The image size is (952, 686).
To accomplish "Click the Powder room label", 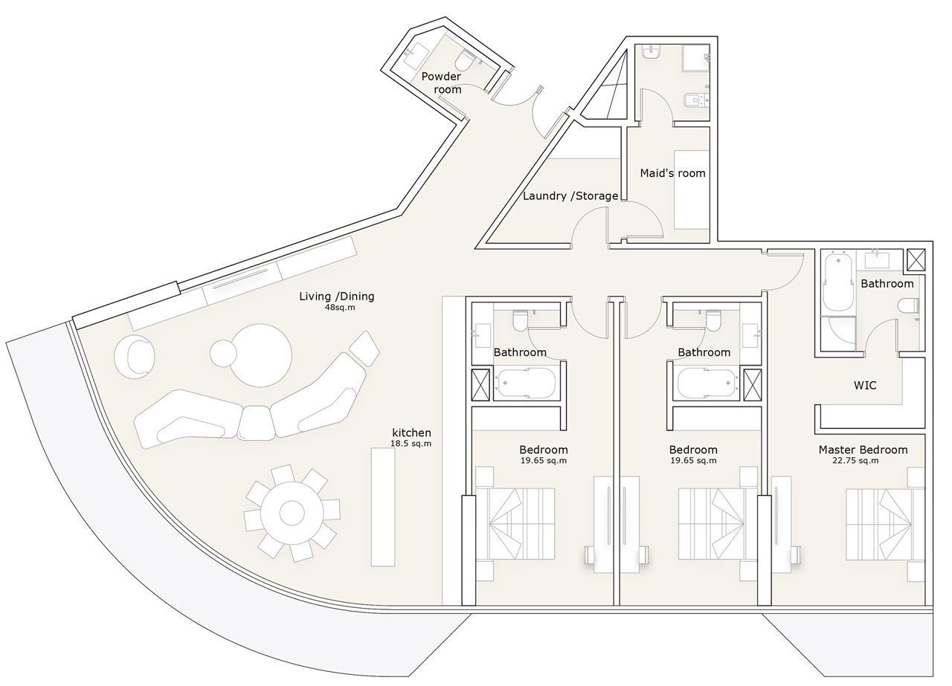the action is [441, 82].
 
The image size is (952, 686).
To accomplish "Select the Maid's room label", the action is [672, 173].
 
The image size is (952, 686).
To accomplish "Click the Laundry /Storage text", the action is [570, 195].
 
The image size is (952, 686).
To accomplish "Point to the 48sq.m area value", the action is [340, 307].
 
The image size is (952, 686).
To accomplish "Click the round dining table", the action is [292, 513].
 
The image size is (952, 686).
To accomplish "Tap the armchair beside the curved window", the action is [135, 356].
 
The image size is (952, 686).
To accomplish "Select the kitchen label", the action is [411, 433].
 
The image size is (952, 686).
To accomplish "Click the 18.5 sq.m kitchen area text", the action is [411, 444].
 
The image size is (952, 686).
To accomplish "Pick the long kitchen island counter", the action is [383, 507].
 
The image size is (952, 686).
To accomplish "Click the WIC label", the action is [865, 385].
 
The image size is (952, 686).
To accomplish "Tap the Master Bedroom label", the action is [863, 450].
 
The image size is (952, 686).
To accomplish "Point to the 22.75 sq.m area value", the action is [855, 461].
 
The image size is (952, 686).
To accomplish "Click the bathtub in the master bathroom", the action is [838, 282].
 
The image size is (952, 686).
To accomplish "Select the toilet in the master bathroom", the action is [909, 306].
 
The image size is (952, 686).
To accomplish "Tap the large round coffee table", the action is [261, 355].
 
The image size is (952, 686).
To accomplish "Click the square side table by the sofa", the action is [364, 349].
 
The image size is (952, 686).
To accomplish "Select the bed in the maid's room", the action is [692, 190].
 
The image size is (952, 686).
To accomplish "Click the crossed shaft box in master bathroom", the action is [916, 260].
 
